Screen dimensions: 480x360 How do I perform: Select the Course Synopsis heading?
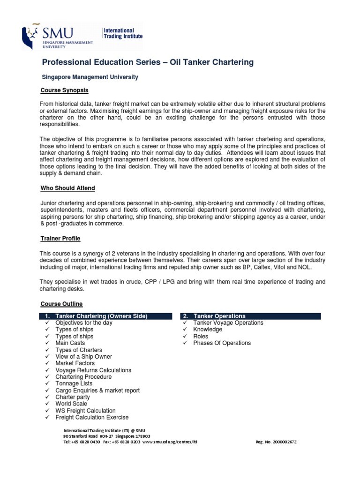tap(65, 90)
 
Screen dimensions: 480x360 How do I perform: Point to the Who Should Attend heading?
tap(67, 188)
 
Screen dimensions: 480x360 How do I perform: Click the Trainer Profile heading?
tap(60, 239)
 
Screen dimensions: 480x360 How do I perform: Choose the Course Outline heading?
tap(61, 304)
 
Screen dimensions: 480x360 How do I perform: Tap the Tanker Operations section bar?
tap(251, 316)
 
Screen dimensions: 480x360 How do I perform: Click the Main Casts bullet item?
tap(70, 343)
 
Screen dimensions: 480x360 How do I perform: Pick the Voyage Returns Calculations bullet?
tap(93, 370)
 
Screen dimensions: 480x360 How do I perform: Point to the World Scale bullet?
tap(71, 404)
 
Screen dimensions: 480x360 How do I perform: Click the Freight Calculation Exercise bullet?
tap(92, 417)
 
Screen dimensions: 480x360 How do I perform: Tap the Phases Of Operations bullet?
tap(222, 343)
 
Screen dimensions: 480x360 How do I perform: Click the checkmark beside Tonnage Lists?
tap(47, 384)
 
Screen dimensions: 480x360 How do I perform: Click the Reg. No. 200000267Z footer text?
tap(276, 442)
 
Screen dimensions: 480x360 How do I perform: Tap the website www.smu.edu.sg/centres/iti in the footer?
tap(170, 442)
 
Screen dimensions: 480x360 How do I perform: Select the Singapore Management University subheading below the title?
tap(90, 77)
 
